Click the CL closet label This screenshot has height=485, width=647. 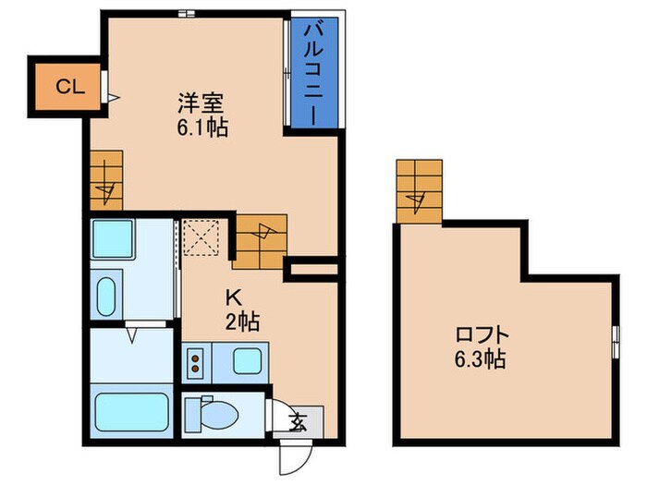point(70,88)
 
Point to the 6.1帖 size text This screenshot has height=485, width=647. point(202,127)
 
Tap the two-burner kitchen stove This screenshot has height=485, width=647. point(196,361)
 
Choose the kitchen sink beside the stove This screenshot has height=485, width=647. point(246,360)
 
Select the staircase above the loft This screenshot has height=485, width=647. point(419,191)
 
